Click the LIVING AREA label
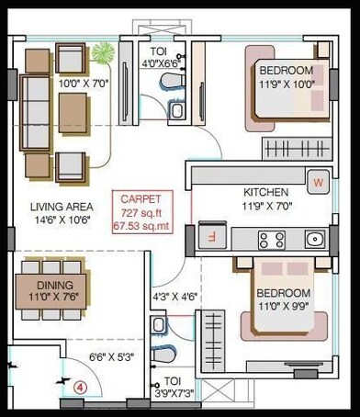tap(59, 207)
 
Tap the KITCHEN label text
tap(266, 192)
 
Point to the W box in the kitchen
tap(319, 182)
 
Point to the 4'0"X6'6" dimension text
tap(163, 63)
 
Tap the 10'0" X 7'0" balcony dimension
tap(83, 84)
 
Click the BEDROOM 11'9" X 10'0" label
tap(286, 76)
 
